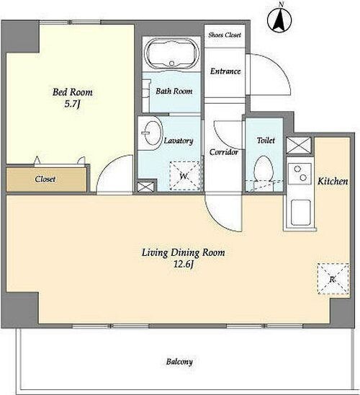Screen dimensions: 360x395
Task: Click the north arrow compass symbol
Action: point(279,19)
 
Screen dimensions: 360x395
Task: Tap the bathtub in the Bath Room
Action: point(172,53)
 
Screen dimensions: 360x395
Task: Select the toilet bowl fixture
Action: point(264,169)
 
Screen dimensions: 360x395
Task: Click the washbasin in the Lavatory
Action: point(151,133)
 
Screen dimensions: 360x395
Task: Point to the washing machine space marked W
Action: point(185,176)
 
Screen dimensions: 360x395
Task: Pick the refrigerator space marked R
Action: point(333,279)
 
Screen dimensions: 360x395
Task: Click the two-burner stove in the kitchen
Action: point(300,174)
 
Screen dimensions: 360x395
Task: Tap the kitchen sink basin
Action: point(301,213)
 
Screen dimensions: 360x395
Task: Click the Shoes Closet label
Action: point(225,35)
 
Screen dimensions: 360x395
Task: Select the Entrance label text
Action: point(225,71)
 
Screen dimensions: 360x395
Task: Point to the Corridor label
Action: point(224,152)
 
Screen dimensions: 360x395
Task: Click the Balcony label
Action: point(179,362)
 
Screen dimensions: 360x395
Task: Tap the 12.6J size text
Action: point(184,265)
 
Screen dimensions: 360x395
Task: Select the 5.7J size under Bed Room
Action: point(73,104)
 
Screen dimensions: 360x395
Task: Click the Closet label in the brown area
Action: point(45,179)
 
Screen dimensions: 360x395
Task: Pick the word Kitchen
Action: point(333,181)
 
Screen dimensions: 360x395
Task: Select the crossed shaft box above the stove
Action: point(299,146)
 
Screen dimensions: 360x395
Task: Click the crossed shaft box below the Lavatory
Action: point(145,187)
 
